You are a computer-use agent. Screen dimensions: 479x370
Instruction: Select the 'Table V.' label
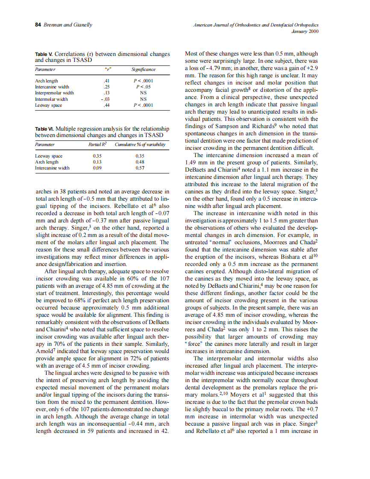pyautogui.click(x=44, y=54)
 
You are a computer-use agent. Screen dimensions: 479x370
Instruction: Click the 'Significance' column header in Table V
pyautogui.click(x=143, y=69)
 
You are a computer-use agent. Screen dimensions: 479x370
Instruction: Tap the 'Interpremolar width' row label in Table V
pyautogui.click(x=54, y=92)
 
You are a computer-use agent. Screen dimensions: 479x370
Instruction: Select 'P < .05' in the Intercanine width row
pyautogui.click(x=143, y=86)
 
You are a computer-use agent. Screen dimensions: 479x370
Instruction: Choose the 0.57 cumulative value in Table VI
pyautogui.click(x=140, y=168)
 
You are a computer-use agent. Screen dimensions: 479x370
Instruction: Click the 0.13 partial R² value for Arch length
pyautogui.click(x=97, y=162)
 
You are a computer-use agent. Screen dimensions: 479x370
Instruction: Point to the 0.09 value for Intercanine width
pyautogui.click(x=97, y=168)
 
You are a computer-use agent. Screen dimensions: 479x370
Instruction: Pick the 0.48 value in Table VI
pyautogui.click(x=140, y=162)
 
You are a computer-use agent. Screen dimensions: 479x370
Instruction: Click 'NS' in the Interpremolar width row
pyautogui.click(x=143, y=92)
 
